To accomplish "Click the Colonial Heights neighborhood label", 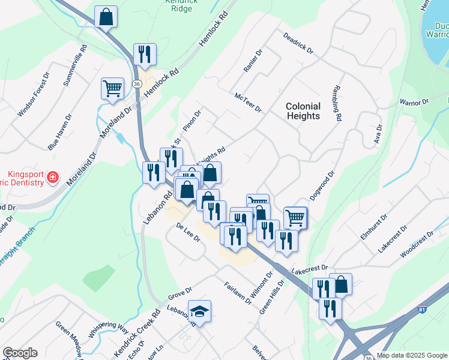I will point(303,111).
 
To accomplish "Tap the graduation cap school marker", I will point(199,311).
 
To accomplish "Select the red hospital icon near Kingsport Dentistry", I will point(53,177).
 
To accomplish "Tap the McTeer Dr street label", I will point(249,102).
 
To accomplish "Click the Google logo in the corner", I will point(20,353).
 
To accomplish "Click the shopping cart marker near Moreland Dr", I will point(112,89).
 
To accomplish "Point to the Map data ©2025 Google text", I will point(411,355).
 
